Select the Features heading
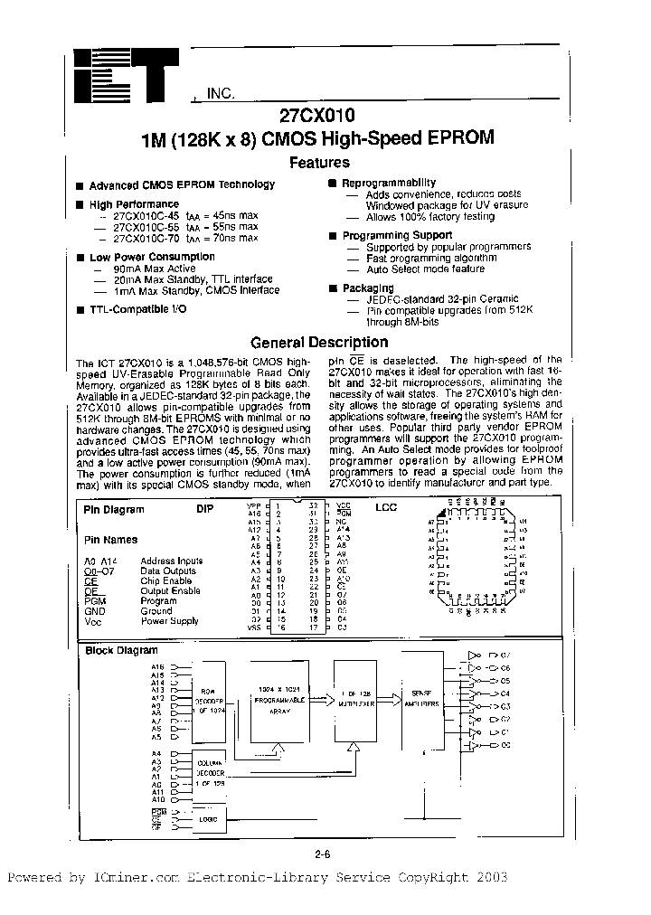(x=319, y=163)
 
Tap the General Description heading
(x=319, y=343)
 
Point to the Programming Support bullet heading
(x=397, y=235)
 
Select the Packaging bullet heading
(x=368, y=288)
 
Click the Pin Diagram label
(x=114, y=509)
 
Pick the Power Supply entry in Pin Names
(x=169, y=621)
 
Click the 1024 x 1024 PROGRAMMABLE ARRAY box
(x=278, y=700)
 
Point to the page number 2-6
(x=322, y=854)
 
